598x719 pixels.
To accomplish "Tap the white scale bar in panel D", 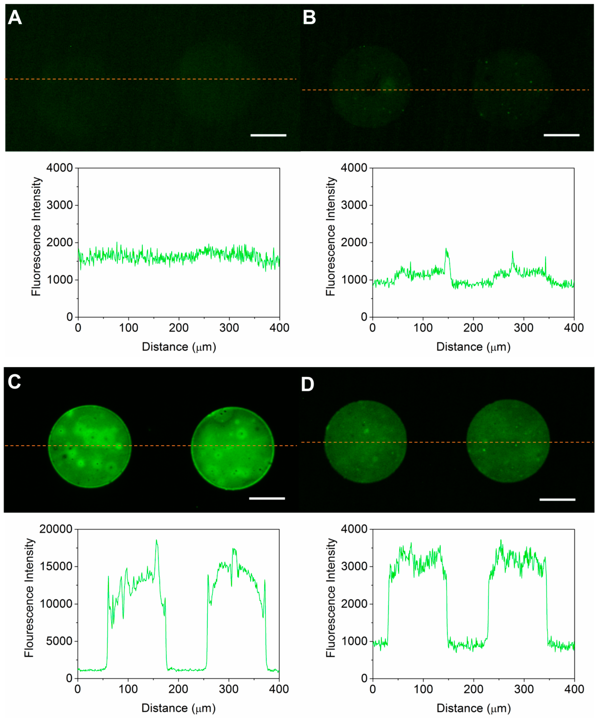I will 557,500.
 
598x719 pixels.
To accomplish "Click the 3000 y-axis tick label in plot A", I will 59,205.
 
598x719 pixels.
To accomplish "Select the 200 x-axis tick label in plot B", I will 473,328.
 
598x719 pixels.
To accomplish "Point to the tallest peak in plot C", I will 156,540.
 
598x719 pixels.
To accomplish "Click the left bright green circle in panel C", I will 90,446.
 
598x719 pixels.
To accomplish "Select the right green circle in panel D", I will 508,441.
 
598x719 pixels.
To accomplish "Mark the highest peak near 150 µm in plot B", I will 446,249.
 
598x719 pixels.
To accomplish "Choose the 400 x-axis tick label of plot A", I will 279,328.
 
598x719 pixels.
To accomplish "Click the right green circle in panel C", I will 232,448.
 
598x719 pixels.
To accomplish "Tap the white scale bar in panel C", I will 267,499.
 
